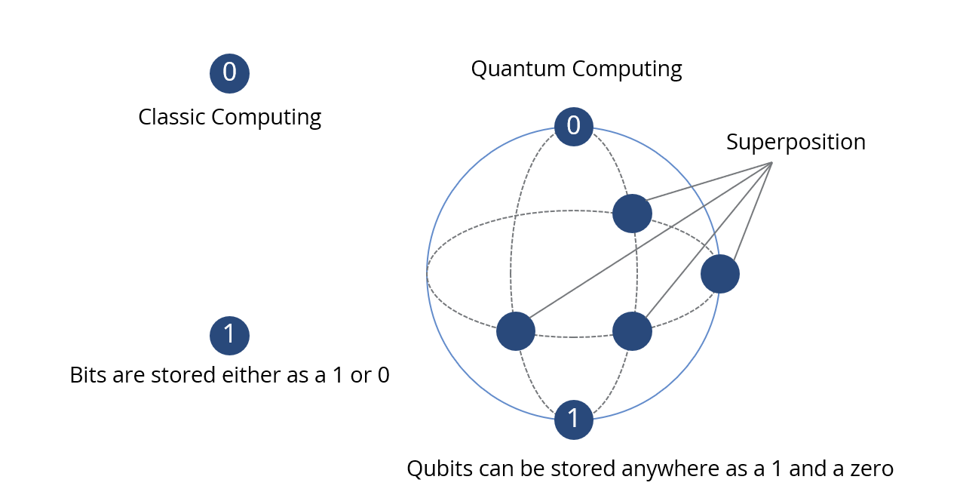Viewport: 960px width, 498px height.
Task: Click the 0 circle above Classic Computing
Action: point(229,73)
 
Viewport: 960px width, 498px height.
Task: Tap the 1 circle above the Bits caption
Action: point(229,335)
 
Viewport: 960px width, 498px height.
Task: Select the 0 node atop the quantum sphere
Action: point(573,125)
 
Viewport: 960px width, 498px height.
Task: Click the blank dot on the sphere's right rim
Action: point(719,274)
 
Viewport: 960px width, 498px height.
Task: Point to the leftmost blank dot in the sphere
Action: point(516,331)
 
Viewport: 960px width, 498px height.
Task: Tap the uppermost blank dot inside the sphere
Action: point(632,214)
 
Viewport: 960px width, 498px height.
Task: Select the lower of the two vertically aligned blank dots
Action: point(632,331)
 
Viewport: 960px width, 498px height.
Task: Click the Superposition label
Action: point(796,142)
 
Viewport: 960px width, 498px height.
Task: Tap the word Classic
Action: point(171,118)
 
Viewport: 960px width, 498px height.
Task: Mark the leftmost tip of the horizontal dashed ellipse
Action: point(428,273)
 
